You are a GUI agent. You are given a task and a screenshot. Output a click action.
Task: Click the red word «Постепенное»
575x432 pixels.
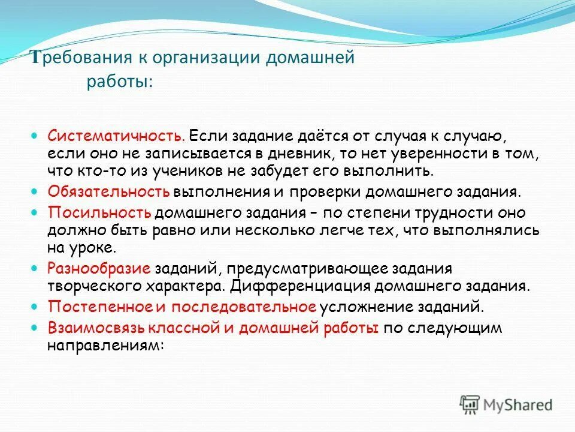99,307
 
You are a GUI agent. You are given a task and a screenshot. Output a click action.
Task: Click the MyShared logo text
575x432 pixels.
519,405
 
